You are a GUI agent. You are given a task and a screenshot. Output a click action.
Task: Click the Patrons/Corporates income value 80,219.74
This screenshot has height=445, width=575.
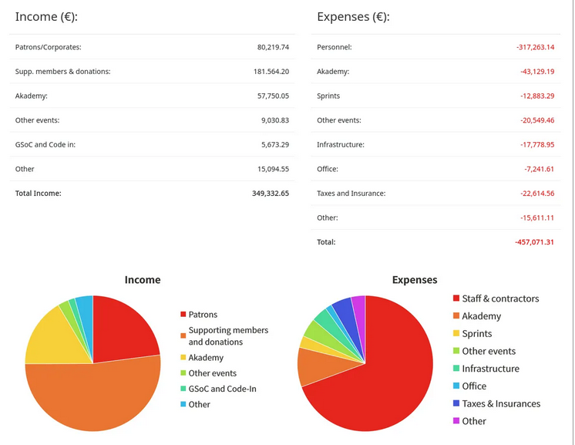coord(273,47)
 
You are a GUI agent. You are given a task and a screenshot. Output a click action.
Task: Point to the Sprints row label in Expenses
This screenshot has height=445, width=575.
coord(328,96)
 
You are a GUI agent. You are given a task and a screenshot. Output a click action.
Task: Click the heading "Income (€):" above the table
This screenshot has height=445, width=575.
coord(46,16)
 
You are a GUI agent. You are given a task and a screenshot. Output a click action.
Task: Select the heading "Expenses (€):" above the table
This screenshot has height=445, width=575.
coord(353,16)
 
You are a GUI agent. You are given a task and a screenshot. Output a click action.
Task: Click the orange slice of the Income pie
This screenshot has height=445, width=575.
coord(92,397)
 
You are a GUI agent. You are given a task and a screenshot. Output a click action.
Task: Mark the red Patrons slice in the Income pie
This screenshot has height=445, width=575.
coord(123,328)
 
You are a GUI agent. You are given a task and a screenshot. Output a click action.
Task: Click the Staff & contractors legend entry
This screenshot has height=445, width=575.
coord(500,298)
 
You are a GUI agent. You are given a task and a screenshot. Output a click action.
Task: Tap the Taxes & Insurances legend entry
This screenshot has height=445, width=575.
coord(501,403)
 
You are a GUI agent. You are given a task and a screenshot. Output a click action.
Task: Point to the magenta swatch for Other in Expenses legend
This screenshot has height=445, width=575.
coord(456,421)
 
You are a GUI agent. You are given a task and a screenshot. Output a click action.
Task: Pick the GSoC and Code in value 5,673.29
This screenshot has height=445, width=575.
coord(274,144)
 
